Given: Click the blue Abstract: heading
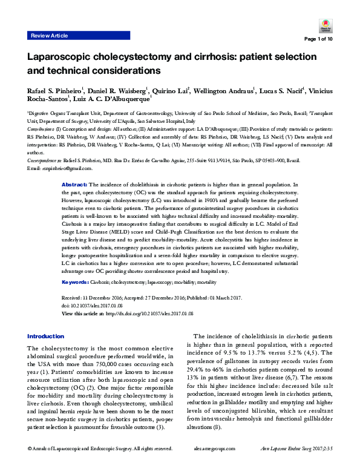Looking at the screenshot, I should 75,183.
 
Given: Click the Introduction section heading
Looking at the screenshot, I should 45,336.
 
